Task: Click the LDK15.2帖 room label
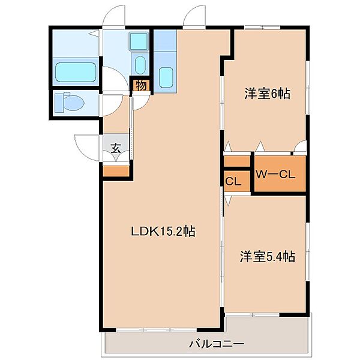[x=163, y=232]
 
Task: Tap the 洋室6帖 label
[x=267, y=94]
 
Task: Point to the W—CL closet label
[x=275, y=175]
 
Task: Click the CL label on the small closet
[x=233, y=181]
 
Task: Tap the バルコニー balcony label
[x=217, y=344]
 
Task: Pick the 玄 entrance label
[x=116, y=148]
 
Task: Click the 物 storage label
[x=141, y=86]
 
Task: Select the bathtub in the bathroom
[x=76, y=71]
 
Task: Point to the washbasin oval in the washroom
[x=140, y=65]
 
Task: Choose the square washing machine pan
[x=139, y=41]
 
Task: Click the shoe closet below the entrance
[x=116, y=171]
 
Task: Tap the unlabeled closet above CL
[x=237, y=161]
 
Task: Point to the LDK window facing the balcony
[x=157, y=330]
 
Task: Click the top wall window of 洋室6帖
[x=262, y=28]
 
